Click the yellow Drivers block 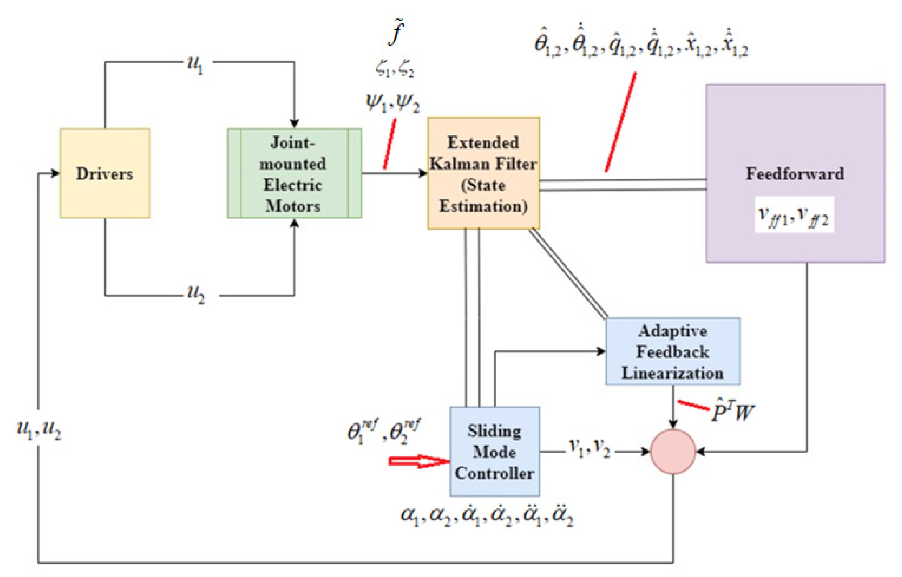point(105,173)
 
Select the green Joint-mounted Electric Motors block point(294,173)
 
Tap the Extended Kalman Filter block point(483,173)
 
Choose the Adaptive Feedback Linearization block point(673,351)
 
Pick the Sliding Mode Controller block point(495,452)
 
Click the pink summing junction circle point(673,452)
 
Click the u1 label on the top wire point(195,65)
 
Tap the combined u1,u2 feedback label point(39,430)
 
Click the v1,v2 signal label point(589,447)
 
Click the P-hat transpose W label point(732,411)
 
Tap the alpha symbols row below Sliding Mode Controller point(486,516)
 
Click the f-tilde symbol point(396,33)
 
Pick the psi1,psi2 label point(393,103)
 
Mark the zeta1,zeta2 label point(395,69)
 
